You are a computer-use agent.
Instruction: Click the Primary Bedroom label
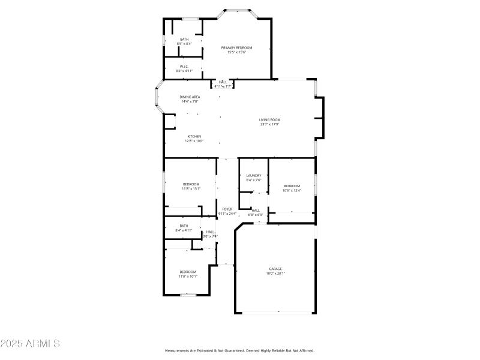coord(236,48)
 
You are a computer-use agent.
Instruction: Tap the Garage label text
coord(275,269)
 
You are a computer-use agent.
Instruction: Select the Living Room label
coord(269,120)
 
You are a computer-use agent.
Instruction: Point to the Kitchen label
coord(194,136)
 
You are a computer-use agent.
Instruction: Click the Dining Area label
coord(190,97)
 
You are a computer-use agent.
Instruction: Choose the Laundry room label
coord(253,175)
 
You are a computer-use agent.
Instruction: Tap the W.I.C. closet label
coord(184,67)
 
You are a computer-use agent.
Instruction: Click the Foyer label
coord(227,209)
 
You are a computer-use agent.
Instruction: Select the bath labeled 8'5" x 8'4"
coord(184,40)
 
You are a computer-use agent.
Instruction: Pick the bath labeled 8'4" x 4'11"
coord(184,226)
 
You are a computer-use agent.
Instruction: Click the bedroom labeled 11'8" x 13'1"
coord(191,184)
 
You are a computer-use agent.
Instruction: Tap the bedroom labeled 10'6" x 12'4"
coord(291,186)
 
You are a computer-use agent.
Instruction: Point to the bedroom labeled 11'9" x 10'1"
coord(187,272)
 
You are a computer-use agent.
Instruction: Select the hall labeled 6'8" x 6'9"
coord(256,211)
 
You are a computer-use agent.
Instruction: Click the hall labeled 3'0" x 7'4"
coord(210,232)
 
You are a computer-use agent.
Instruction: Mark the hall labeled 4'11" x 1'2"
coord(223,82)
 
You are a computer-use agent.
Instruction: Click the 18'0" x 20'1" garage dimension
coord(275,273)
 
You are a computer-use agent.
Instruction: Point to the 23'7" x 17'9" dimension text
coord(269,124)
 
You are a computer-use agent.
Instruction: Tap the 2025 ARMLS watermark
coord(30,344)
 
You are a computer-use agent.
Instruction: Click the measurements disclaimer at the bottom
coord(239,350)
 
